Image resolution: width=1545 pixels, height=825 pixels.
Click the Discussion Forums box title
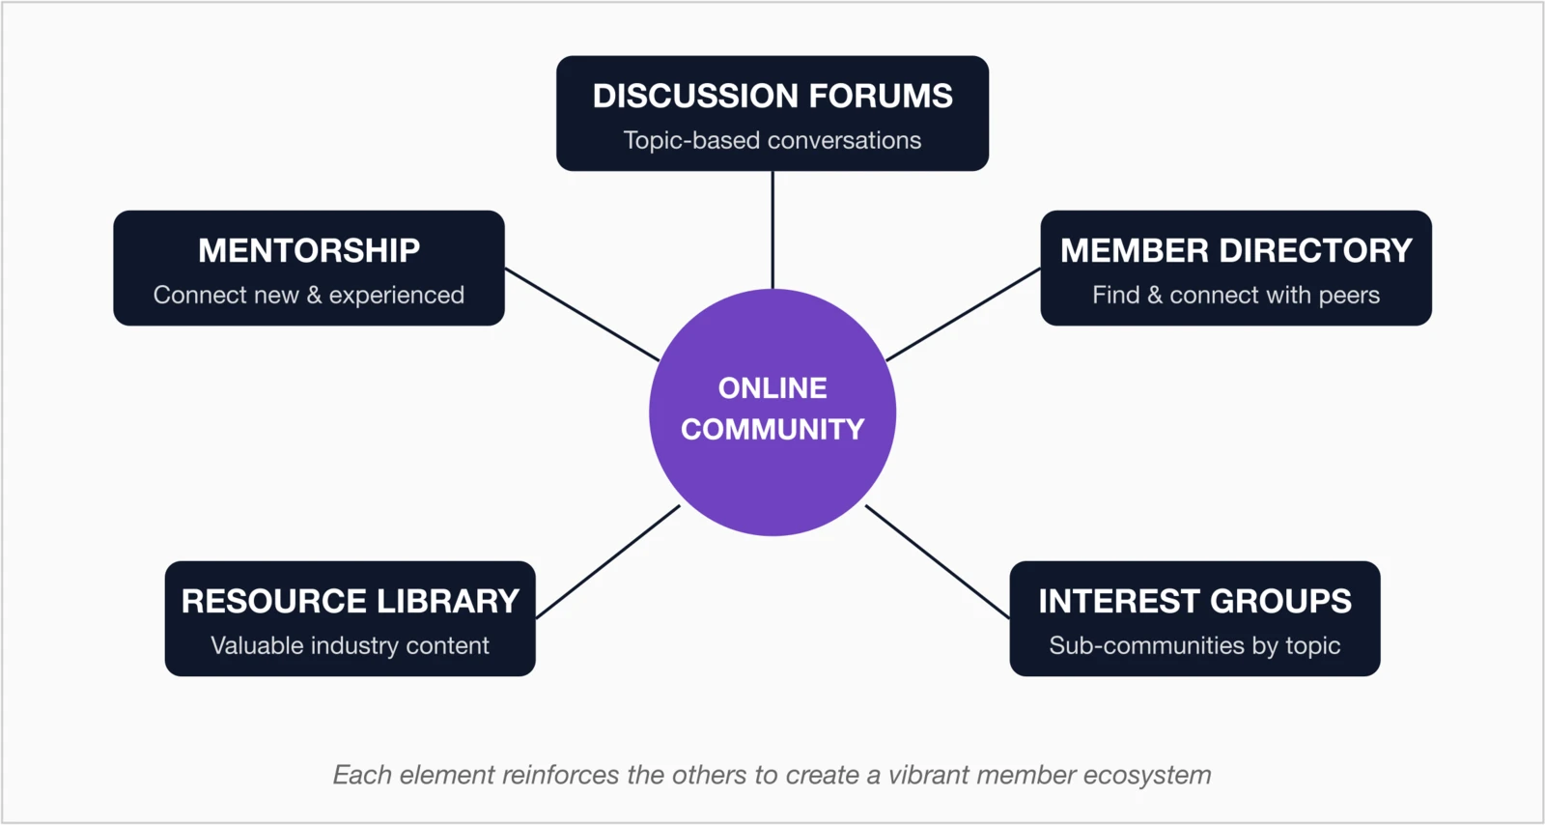[772, 96]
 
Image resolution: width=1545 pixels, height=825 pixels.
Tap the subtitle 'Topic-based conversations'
[772, 140]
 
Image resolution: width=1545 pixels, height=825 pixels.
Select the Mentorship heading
[309, 250]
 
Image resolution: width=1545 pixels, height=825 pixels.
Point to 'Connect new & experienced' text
[309, 295]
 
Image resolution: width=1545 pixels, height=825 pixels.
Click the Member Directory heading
[1236, 250]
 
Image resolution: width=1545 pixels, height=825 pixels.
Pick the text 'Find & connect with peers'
[1236, 295]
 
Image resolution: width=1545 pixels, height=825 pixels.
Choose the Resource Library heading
[350, 601]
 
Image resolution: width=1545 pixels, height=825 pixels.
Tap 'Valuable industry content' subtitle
[350, 645]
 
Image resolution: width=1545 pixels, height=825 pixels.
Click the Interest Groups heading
[1194, 601]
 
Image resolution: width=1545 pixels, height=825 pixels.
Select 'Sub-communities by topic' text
[1194, 645]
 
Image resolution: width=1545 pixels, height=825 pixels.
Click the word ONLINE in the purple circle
[772, 388]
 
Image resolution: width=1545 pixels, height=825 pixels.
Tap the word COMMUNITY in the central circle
[772, 429]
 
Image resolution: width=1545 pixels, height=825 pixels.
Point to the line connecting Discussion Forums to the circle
[772, 230]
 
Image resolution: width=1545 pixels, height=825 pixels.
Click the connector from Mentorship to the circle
[582, 314]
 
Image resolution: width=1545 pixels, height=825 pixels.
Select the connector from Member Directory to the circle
[963, 315]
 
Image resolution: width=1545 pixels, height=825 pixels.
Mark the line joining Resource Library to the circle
[607, 561]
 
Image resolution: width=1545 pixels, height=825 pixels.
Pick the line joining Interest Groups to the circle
[938, 561]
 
